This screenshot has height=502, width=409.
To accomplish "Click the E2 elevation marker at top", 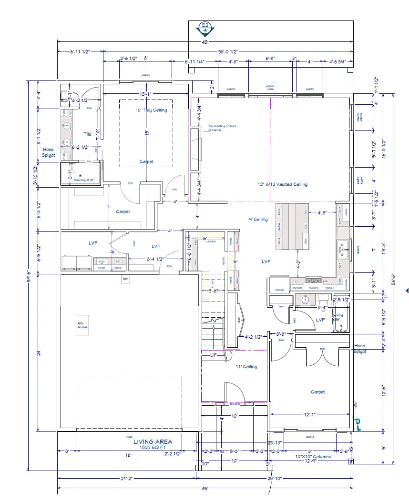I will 205,29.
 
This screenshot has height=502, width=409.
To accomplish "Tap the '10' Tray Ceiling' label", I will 151,110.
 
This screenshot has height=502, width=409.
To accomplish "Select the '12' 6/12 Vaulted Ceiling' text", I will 283,184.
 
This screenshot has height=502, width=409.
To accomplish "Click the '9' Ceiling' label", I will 258,220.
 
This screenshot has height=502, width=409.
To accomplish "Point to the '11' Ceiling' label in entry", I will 246,366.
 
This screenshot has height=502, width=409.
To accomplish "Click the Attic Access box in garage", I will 82,325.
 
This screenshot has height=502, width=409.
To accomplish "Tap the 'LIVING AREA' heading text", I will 153,442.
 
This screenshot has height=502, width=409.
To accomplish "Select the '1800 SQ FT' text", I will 153,448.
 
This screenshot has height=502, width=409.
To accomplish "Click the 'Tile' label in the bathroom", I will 87,134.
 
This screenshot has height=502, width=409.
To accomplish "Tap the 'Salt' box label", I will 126,279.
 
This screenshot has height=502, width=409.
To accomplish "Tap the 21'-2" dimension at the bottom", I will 127,478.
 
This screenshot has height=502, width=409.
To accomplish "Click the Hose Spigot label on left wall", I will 48,152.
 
